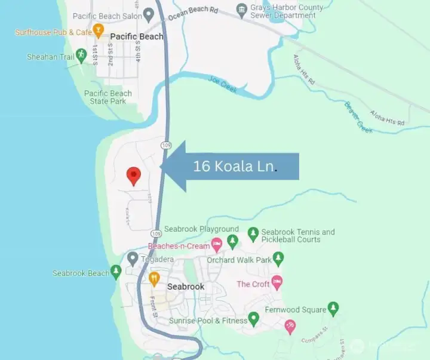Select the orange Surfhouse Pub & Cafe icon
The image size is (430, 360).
[x=99, y=29]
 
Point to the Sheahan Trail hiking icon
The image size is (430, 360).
[x=82, y=56]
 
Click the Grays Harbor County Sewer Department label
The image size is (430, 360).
[x=287, y=11]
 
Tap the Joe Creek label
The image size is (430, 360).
[x=223, y=85]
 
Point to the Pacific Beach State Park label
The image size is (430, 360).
[x=108, y=97]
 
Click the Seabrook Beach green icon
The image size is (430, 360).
[x=116, y=273]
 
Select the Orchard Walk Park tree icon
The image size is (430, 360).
[x=278, y=259]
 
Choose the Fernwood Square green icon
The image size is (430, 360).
[x=333, y=309]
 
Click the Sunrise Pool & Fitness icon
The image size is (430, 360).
[x=253, y=320]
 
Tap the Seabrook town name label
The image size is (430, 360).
[x=186, y=287]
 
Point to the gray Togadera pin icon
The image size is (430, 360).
[x=133, y=259]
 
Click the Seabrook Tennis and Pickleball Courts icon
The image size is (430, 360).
[x=253, y=234]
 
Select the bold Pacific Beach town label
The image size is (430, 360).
[x=137, y=36]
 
